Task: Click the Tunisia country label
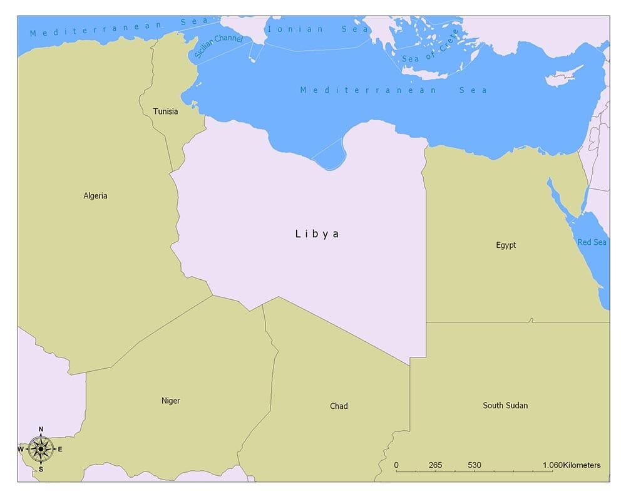pos(165,111)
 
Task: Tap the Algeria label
pos(95,196)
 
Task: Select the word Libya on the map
pos(317,234)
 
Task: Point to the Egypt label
pos(506,245)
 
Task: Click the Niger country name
pos(170,401)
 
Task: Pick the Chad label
pos(339,406)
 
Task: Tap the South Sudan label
pos(505,406)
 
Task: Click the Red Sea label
pos(592,242)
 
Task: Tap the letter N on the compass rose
pos(41,430)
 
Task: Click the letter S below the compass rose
pos(41,469)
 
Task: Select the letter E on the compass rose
pos(60,449)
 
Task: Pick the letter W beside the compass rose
pos(21,449)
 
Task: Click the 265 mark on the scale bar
pos(436,465)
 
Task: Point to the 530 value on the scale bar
pos(474,465)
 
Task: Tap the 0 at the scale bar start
pos(396,465)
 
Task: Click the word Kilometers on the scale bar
pos(582,465)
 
